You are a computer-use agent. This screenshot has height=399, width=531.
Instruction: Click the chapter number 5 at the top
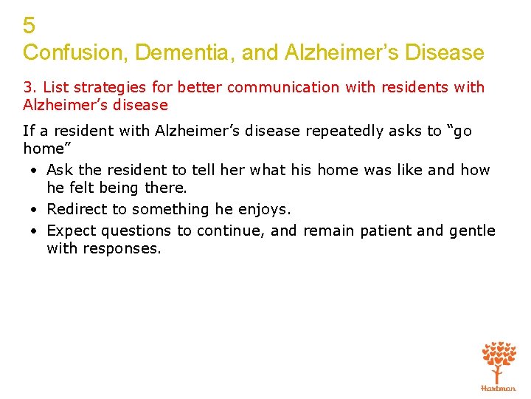coord(29,26)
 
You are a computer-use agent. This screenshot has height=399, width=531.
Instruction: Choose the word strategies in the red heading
coord(106,87)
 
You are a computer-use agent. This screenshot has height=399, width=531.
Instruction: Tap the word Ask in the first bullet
coord(60,170)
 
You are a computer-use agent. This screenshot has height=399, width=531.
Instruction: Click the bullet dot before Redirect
coord(35,210)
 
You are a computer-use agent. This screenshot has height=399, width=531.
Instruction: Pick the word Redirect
coord(75,209)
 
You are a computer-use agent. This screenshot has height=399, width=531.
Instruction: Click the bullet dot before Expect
coord(35,231)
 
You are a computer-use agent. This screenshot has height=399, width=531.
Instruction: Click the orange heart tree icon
coord(499,360)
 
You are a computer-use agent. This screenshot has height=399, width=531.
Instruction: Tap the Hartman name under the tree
coord(499,388)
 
